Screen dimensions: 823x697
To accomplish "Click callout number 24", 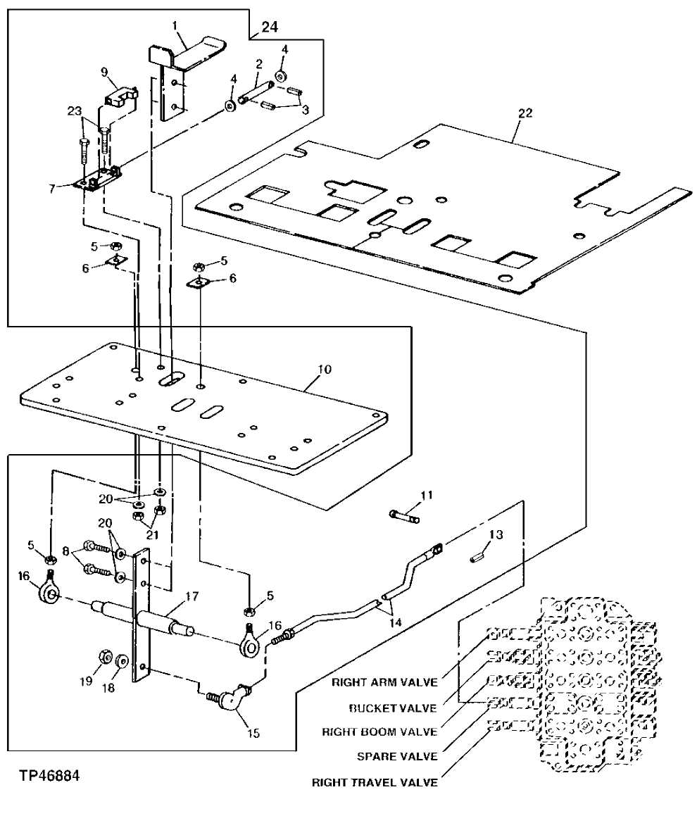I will (270, 27).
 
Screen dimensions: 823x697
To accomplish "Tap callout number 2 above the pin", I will (258, 63).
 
